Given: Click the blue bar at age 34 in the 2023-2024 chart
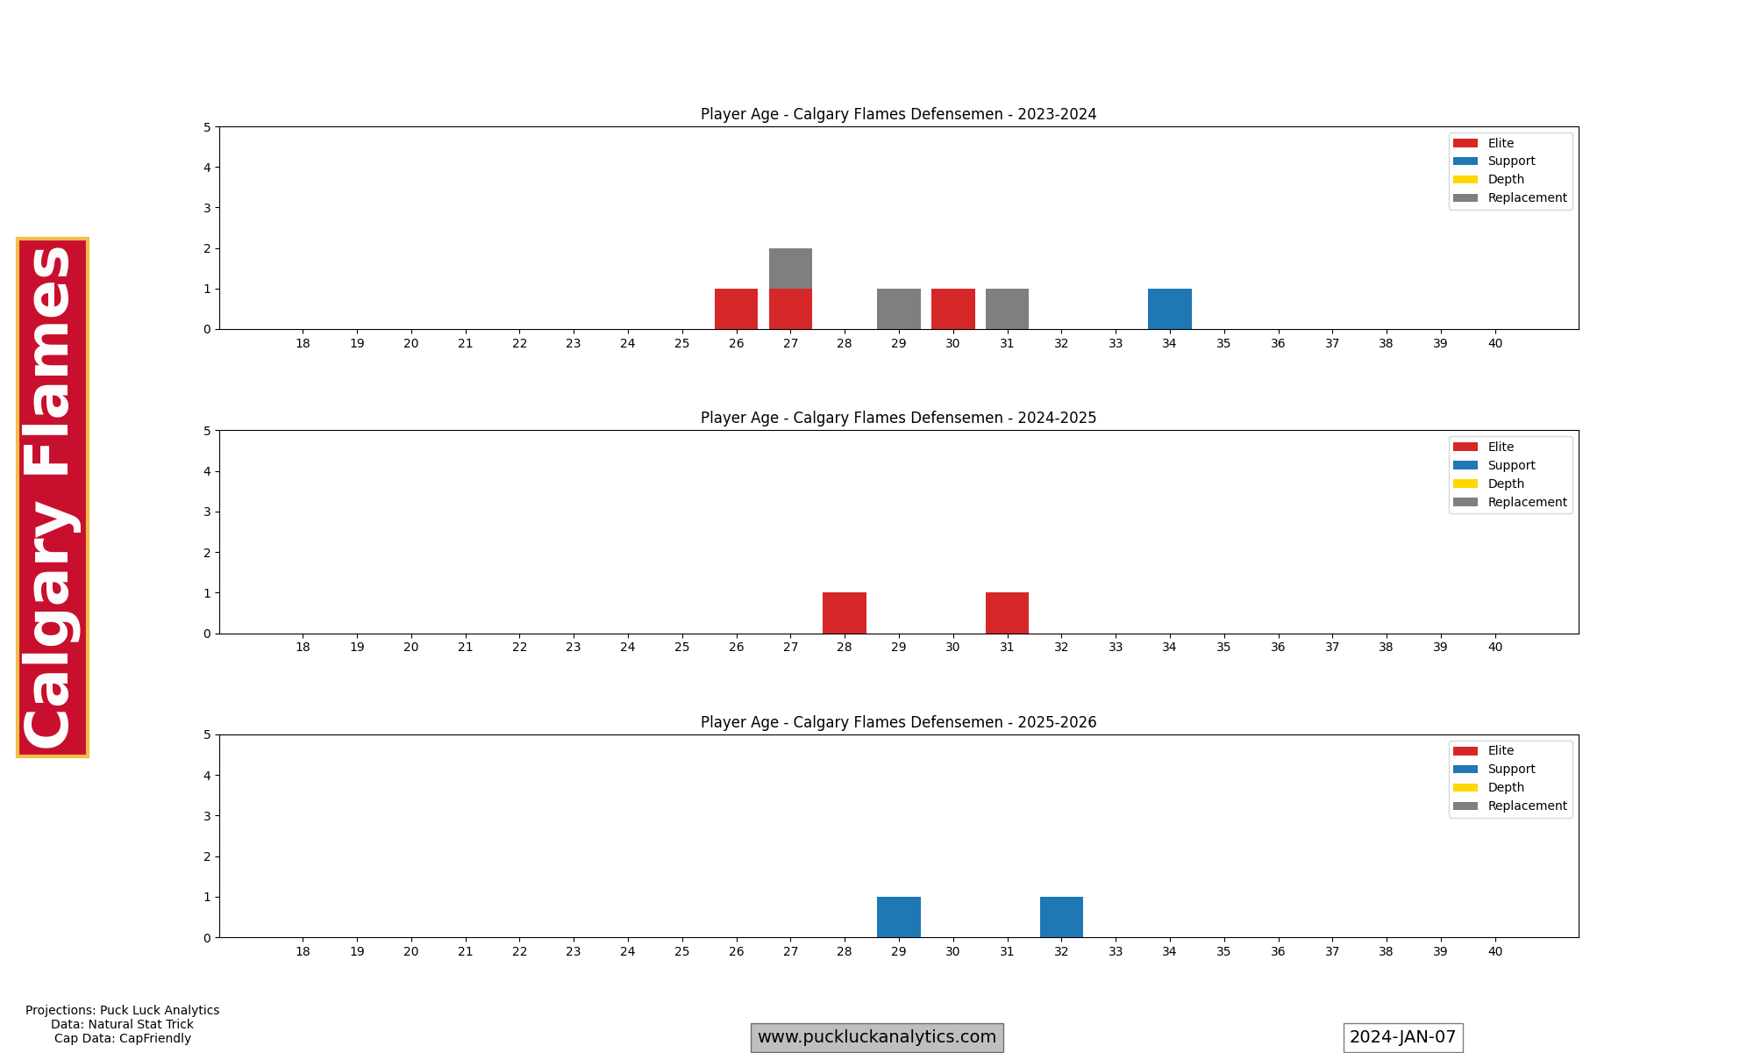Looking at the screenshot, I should click(x=1169, y=309).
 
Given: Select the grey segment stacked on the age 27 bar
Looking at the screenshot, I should click(x=790, y=269).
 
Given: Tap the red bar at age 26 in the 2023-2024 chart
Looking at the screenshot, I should click(x=736, y=309).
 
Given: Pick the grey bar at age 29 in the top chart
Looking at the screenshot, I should click(x=898, y=309).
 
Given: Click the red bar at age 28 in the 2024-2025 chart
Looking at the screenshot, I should click(x=844, y=613).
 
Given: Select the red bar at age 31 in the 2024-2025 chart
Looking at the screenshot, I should click(x=1007, y=613).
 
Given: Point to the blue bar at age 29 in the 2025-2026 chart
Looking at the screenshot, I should click(x=898, y=917).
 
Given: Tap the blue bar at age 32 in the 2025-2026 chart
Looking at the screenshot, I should click(x=1061, y=917).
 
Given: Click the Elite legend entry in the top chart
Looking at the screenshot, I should click(x=1500, y=143).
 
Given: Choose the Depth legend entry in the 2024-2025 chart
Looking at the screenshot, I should click(x=1505, y=484).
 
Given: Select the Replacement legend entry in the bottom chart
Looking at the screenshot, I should click(x=1526, y=806).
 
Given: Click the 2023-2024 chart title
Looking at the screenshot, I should click(x=898, y=114).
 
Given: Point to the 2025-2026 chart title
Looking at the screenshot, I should click(x=898, y=722).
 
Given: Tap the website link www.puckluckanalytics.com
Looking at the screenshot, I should click(x=876, y=1037).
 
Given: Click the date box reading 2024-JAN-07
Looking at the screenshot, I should click(x=1402, y=1037).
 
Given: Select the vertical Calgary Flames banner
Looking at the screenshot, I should click(x=52, y=497).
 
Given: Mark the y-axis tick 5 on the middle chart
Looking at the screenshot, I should click(x=207, y=431).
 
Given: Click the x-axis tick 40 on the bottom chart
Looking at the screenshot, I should click(x=1494, y=951).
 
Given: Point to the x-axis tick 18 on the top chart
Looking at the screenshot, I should click(x=303, y=343).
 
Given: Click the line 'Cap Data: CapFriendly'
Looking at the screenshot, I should click(x=122, y=1038).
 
